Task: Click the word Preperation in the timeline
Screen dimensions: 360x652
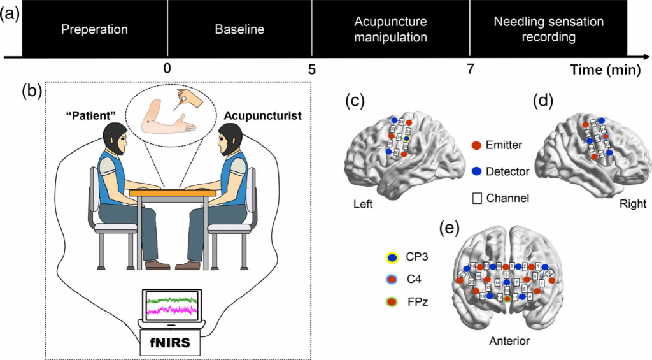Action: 94,29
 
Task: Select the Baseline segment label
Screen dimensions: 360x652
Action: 239,29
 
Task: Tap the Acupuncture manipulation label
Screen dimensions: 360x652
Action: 390,29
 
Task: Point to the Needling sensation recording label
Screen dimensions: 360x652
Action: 548,29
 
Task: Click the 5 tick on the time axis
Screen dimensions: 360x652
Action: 311,69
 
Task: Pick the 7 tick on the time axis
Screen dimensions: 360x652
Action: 470,69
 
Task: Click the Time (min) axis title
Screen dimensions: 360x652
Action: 604,69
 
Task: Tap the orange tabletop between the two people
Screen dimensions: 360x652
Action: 169,191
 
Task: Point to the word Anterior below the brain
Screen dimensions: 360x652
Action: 509,341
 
